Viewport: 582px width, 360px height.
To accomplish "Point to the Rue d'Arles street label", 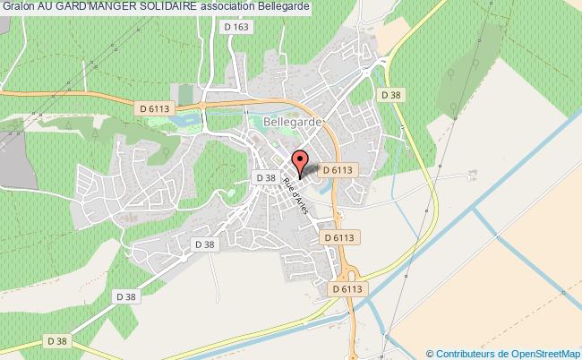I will (x=295, y=193).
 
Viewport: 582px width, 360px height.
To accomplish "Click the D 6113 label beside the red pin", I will (x=338, y=167).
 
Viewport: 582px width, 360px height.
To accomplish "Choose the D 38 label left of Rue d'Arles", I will (x=265, y=178).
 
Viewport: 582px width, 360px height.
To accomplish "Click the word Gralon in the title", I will (x=19, y=7).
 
